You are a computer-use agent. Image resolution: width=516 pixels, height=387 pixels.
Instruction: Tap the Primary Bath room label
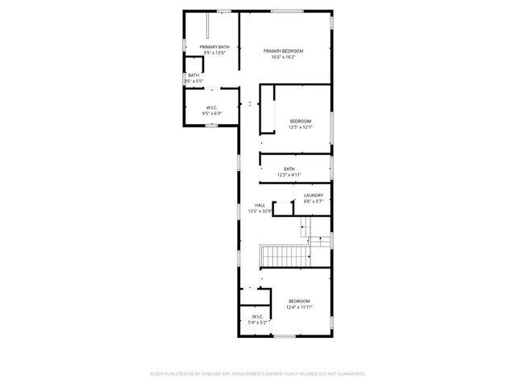click(x=214, y=48)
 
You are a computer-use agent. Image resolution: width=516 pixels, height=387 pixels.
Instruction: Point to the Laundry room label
click(x=314, y=195)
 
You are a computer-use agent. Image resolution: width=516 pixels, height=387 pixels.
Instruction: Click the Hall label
click(x=260, y=206)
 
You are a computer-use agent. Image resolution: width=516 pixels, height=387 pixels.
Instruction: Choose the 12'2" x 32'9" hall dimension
click(x=260, y=211)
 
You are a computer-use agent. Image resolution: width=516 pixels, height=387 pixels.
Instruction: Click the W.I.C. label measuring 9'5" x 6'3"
click(x=211, y=108)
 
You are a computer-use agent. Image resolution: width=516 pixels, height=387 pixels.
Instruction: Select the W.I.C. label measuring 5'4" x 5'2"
click(x=256, y=317)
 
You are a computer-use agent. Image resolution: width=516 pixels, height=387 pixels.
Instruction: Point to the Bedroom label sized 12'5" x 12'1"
click(x=301, y=121)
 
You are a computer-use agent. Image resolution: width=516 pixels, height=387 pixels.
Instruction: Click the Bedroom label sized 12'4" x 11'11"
click(x=299, y=301)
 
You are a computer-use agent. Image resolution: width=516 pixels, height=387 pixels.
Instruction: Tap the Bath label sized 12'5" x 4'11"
click(x=289, y=169)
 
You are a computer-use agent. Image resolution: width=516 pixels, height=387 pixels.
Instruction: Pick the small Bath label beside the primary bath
click(x=193, y=76)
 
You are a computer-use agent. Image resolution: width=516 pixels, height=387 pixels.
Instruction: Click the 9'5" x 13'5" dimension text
click(x=214, y=53)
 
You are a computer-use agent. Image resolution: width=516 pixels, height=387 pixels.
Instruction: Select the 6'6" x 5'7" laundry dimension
click(x=314, y=201)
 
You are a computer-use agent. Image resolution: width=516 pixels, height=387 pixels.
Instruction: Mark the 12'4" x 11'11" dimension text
click(x=299, y=306)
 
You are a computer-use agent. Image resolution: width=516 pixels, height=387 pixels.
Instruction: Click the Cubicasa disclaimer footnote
click(x=258, y=373)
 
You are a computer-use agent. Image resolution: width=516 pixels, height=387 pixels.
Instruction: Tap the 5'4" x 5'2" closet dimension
click(x=256, y=322)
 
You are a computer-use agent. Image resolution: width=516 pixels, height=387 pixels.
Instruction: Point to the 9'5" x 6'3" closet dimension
click(x=211, y=114)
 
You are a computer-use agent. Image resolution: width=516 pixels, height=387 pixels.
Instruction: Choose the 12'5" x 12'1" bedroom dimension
click(x=301, y=127)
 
